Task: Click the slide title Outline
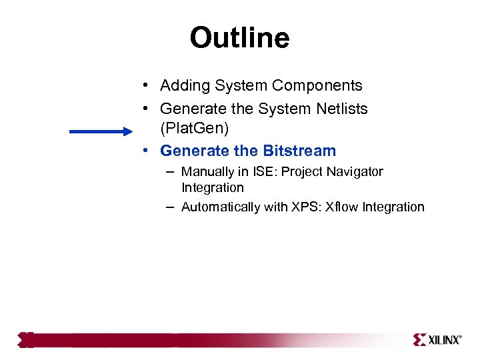(x=239, y=38)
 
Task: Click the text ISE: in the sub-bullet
(x=264, y=172)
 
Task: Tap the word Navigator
(x=355, y=172)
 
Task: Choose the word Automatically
(x=221, y=207)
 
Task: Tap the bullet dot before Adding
(x=145, y=86)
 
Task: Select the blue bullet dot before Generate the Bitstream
(x=145, y=151)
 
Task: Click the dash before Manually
(x=171, y=172)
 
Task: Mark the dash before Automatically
(x=171, y=207)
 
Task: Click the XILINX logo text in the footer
(x=443, y=340)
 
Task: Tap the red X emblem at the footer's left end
(x=25, y=340)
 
